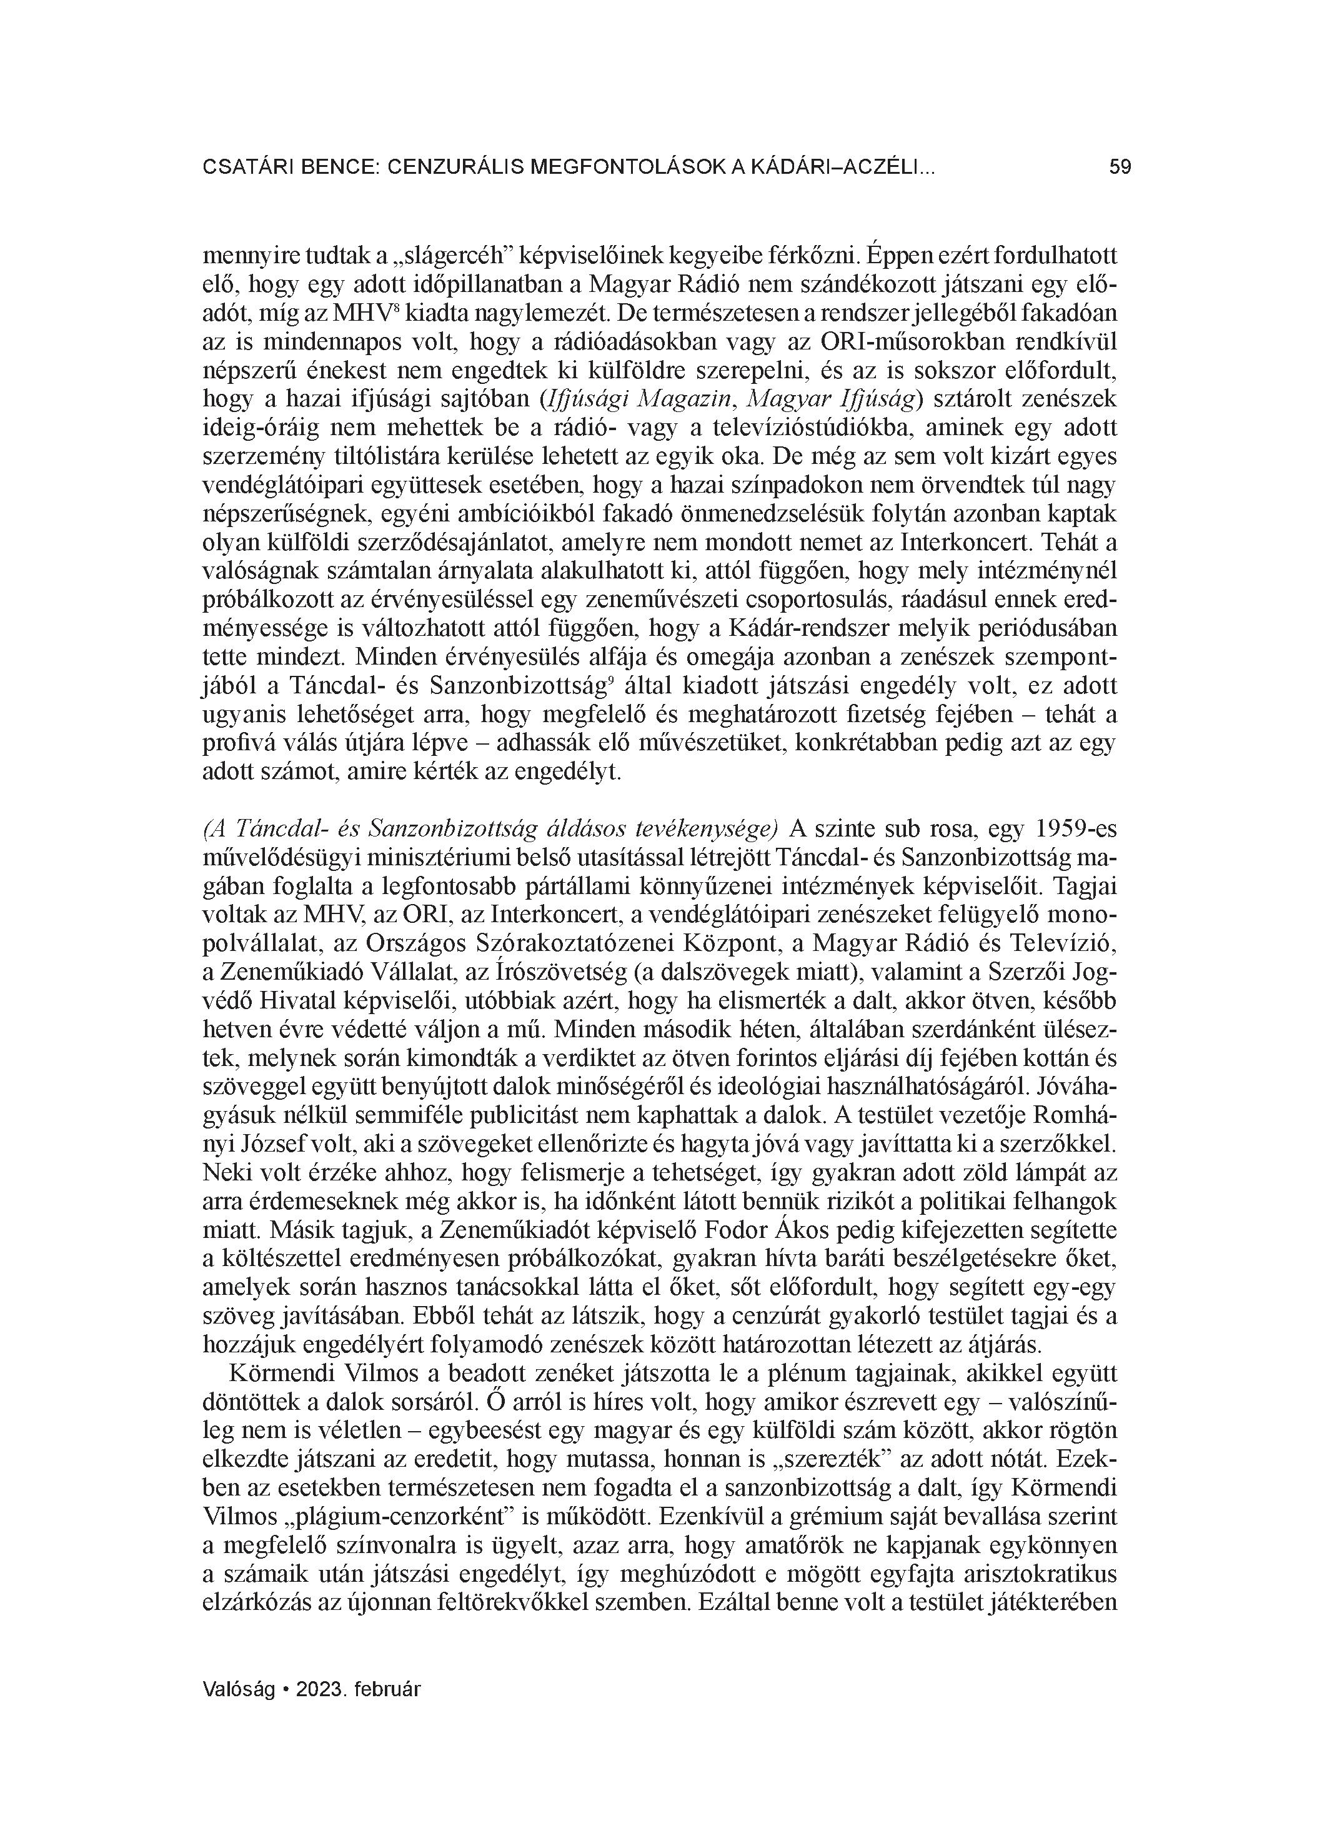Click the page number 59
coord(1120,168)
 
